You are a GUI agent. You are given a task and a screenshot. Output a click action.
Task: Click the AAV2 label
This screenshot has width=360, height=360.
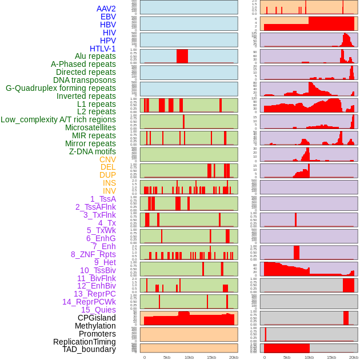point(106,9)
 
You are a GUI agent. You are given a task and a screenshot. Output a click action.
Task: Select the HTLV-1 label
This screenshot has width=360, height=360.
point(103,49)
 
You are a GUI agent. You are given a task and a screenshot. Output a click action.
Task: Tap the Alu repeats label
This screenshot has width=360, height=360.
point(95,56)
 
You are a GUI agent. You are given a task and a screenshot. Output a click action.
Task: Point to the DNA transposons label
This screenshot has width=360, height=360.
point(85,80)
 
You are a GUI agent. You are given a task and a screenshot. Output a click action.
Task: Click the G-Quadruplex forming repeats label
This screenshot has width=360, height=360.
point(61,88)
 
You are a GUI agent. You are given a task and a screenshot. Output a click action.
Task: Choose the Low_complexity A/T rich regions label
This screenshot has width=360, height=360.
point(58,119)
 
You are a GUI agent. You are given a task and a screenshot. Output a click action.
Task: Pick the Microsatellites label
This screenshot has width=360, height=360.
point(90,127)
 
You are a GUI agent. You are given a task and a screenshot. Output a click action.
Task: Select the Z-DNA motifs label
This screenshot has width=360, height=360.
point(93,151)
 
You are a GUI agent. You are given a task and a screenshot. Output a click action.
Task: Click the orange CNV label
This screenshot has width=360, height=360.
point(107,159)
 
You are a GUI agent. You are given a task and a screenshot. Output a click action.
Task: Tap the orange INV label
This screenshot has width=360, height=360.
point(109,191)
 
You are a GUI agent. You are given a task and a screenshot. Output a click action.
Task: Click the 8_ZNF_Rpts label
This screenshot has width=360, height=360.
point(93,254)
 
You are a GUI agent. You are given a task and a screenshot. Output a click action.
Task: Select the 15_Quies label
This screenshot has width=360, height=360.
point(98,310)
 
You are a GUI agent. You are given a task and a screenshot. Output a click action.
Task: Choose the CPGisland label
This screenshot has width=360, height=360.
point(97,318)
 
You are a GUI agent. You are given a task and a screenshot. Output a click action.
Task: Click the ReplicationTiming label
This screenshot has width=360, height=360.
point(85,342)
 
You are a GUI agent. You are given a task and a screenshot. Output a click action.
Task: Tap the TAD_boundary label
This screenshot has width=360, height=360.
point(89,349)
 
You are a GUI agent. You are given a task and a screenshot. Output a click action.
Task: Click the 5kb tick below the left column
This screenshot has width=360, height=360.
point(167,357)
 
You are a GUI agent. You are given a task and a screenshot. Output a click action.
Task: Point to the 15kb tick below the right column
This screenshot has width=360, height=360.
point(331,357)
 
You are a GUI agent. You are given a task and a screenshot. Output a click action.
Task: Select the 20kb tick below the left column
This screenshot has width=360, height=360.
point(234,357)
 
